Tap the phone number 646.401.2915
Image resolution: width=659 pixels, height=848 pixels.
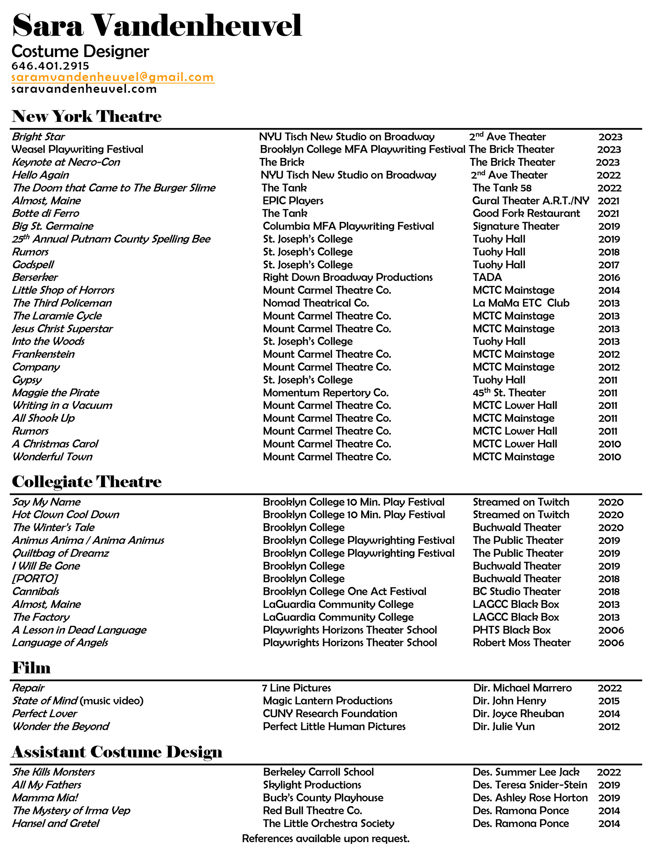50,66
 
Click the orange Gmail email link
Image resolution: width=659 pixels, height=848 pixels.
113,77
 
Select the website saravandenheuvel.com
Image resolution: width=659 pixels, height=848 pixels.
84,89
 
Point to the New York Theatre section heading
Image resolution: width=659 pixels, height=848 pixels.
86,116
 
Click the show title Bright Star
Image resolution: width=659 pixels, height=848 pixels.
38,137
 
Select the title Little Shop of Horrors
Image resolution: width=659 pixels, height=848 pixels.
63,290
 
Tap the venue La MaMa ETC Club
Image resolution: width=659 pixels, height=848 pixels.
521,303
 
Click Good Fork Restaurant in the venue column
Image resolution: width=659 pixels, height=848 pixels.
526,213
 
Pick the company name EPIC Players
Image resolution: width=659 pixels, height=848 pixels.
293,201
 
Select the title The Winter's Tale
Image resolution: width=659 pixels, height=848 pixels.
54,527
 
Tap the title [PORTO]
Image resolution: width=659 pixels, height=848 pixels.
35,578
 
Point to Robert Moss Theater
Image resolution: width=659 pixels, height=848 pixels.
522,643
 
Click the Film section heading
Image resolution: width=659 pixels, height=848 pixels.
31,668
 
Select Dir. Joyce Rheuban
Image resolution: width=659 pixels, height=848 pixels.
518,714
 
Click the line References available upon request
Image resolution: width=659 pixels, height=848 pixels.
326,838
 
